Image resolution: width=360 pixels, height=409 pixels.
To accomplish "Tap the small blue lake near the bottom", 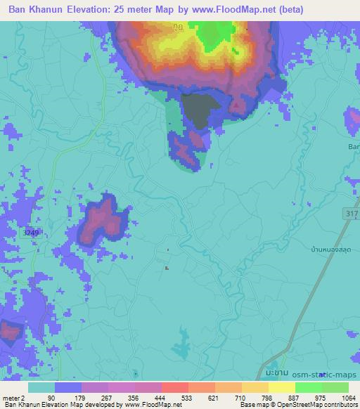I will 186,342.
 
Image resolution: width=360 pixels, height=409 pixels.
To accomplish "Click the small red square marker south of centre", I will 166,267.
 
